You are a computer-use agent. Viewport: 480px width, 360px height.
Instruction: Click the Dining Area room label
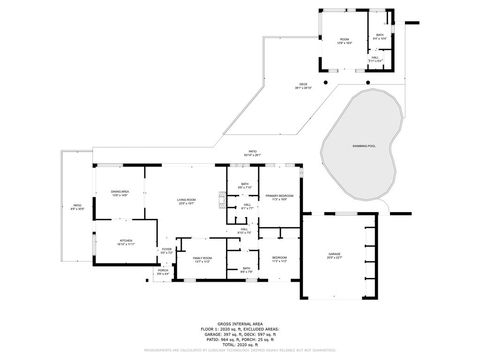pyautogui.click(x=121, y=194)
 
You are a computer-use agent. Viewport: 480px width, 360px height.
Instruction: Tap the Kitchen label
pyautogui.click(x=126, y=242)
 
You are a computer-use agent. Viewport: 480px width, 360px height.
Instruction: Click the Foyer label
pyautogui.click(x=167, y=251)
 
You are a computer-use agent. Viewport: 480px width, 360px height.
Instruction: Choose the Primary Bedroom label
pyautogui.click(x=279, y=197)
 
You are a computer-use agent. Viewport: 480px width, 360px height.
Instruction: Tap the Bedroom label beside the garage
pyautogui.click(x=279, y=258)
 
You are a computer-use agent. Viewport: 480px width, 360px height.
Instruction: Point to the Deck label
pyautogui.click(x=303, y=85)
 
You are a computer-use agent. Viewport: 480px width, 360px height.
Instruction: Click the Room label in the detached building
pyautogui.click(x=343, y=40)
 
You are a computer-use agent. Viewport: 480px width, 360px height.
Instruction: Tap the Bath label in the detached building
pyautogui.click(x=380, y=36)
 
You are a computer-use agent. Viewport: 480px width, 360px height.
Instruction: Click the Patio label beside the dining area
pyautogui.click(x=77, y=207)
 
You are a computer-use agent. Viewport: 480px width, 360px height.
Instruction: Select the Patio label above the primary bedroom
pyautogui.click(x=254, y=153)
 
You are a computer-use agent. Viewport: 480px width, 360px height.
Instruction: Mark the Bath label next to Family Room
pyautogui.click(x=246, y=269)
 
